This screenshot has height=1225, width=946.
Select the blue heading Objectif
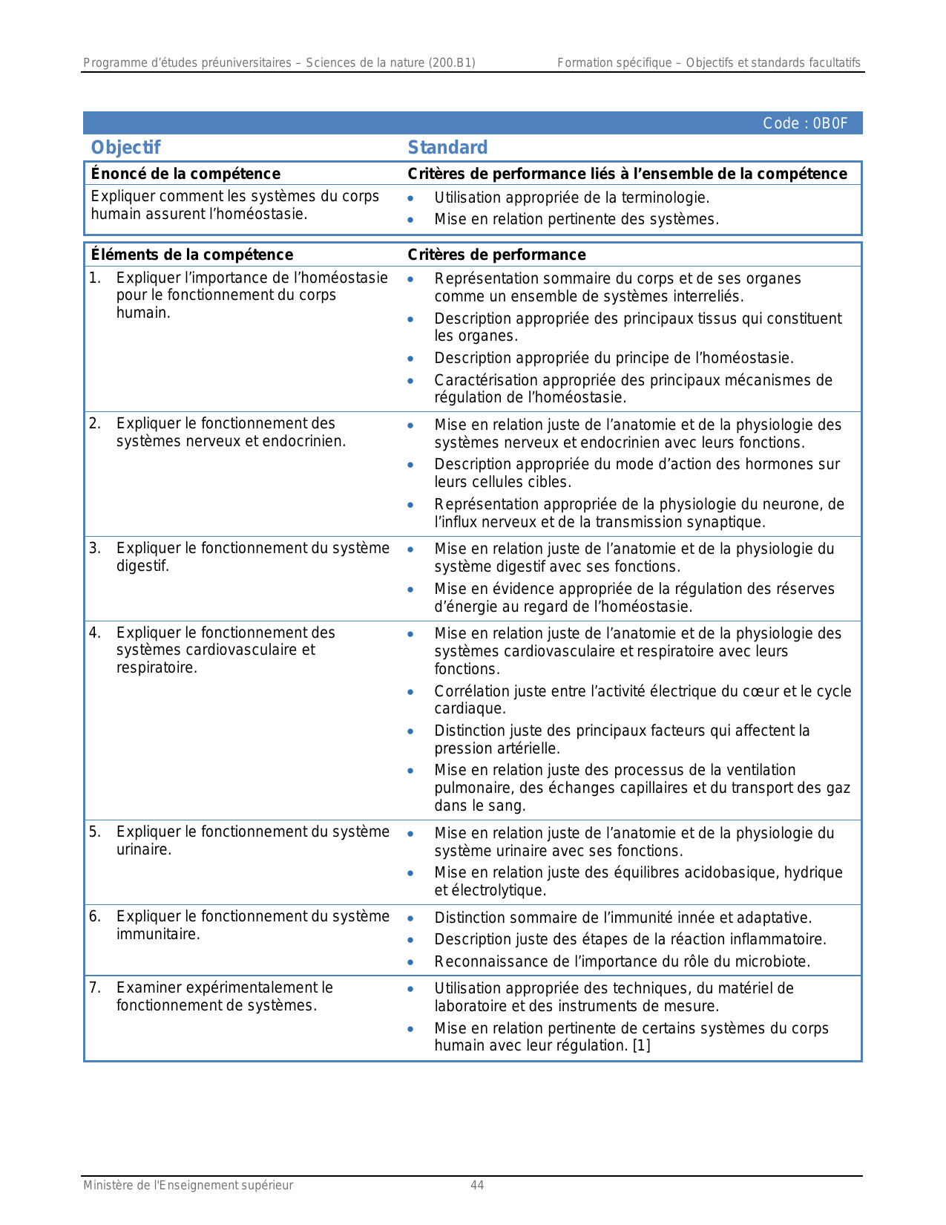[x=125, y=148]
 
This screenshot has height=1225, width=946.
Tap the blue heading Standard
[x=447, y=148]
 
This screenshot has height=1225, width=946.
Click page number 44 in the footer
[x=477, y=1186]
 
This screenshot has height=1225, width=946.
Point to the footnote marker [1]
[x=641, y=1046]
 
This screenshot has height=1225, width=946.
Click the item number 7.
[x=94, y=988]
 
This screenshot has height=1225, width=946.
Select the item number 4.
[x=94, y=633]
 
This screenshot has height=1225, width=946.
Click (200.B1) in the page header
[x=452, y=63]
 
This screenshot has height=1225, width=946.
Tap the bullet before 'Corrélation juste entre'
[x=410, y=692]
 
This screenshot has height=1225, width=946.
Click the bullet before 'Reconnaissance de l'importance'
[x=410, y=962]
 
